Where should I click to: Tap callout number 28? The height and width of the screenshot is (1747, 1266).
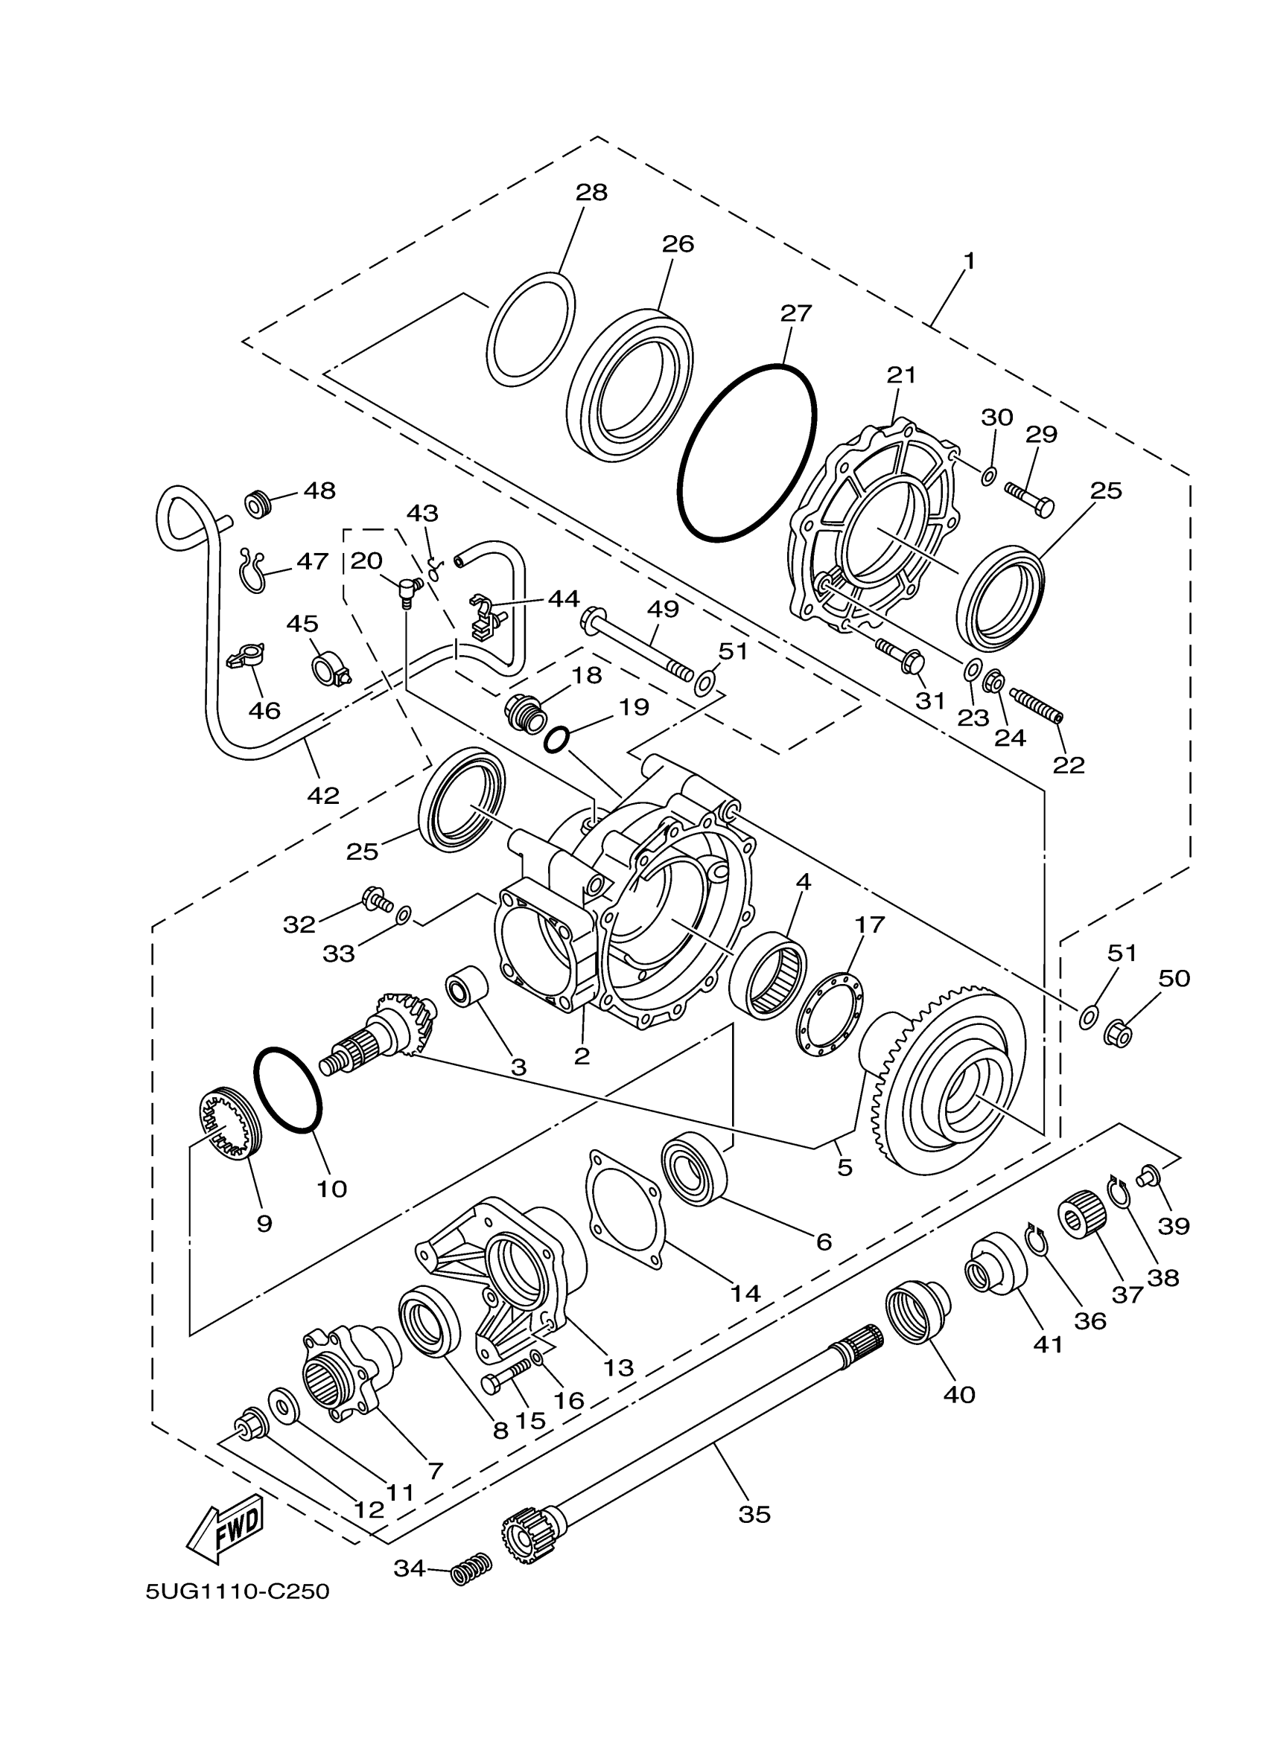tap(591, 193)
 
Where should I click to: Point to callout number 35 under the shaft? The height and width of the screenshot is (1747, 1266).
tap(754, 1514)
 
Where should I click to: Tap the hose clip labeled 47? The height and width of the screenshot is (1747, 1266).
tap(252, 570)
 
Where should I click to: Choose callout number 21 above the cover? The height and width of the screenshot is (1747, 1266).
tap(901, 375)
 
